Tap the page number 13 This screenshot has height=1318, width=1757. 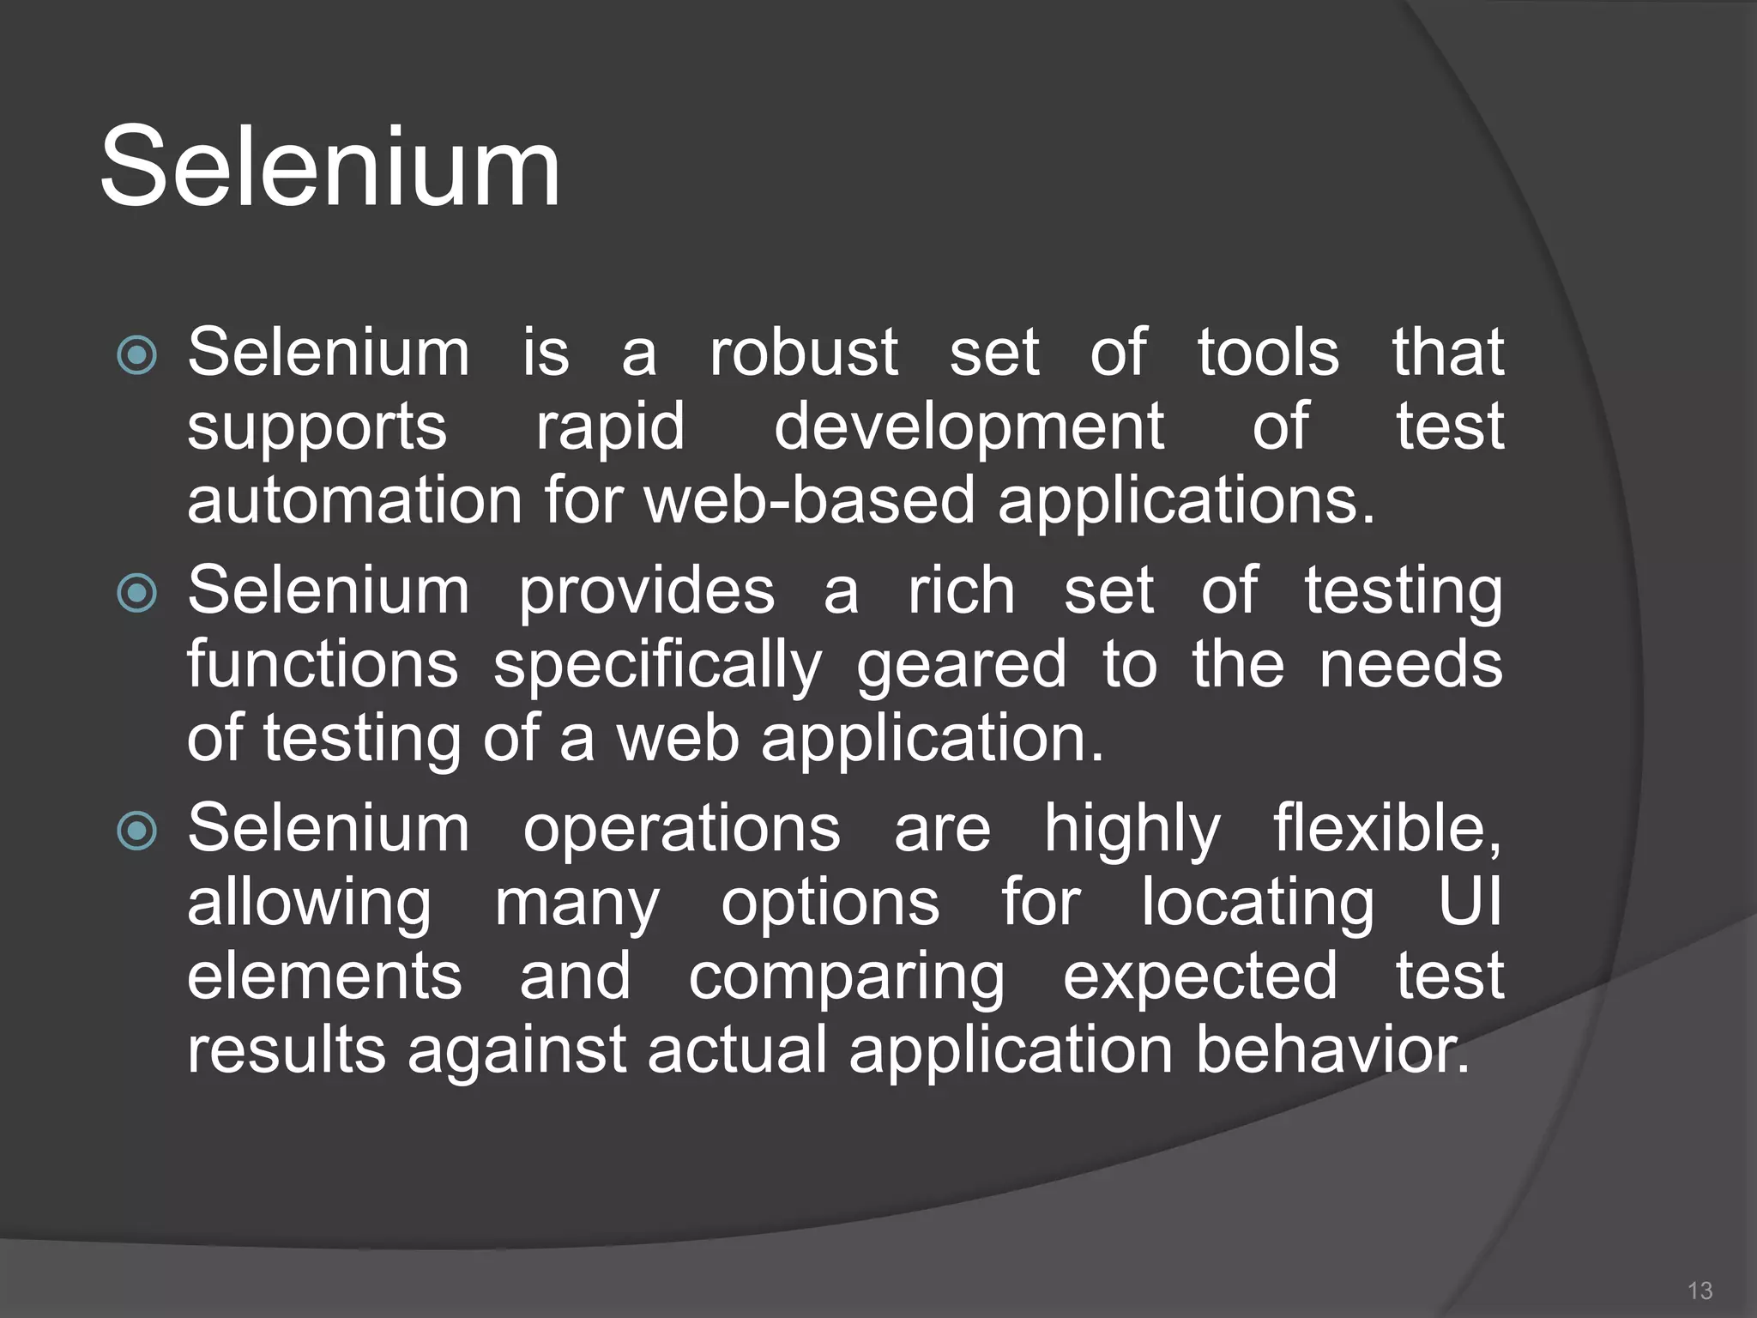coord(1699,1290)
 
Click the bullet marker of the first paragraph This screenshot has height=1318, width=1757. coord(137,355)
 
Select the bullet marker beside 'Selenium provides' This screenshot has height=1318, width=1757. coord(137,593)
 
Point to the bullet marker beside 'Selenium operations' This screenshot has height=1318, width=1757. coord(137,831)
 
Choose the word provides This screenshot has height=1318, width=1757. coord(647,592)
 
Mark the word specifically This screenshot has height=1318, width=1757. coord(657,666)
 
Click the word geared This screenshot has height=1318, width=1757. coord(961,666)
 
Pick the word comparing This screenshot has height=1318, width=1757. coord(846,978)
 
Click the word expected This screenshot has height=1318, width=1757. coord(1199,978)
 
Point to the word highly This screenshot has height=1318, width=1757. coord(1132,830)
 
